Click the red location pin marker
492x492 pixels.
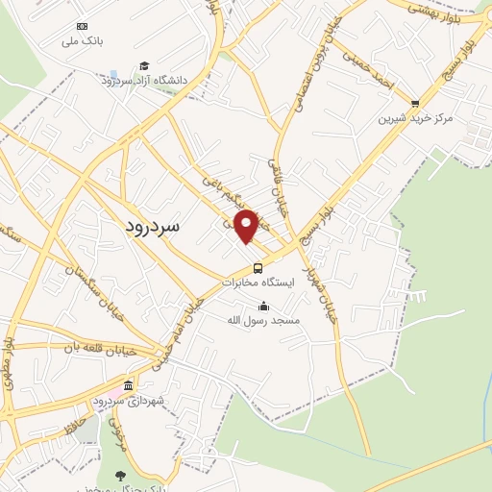click(247, 225)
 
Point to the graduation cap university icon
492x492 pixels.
click(144, 65)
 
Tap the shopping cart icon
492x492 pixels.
click(415, 103)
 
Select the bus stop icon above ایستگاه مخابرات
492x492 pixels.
click(258, 268)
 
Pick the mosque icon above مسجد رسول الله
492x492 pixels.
click(264, 306)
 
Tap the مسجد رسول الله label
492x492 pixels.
click(264, 319)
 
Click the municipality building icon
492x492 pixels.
click(129, 384)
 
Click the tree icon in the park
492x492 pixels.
click(119, 475)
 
